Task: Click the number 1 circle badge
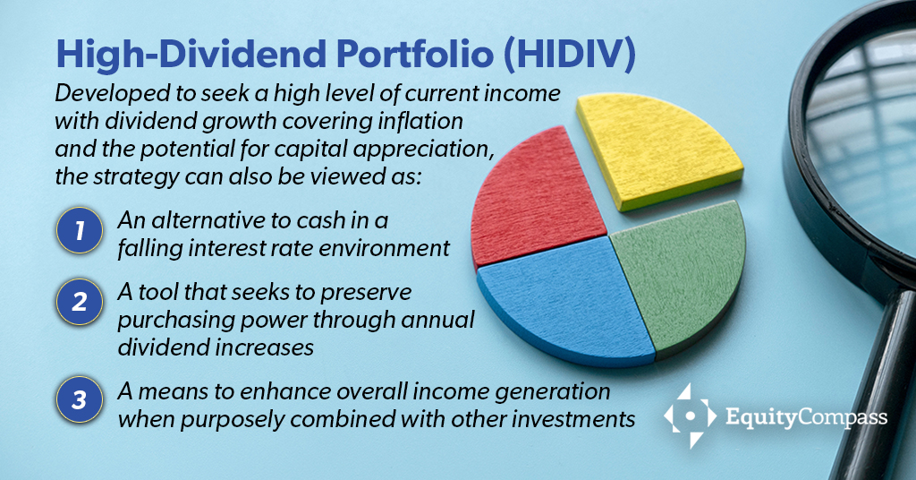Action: (x=80, y=231)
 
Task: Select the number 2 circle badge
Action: (x=80, y=302)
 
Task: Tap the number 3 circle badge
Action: (x=80, y=399)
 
